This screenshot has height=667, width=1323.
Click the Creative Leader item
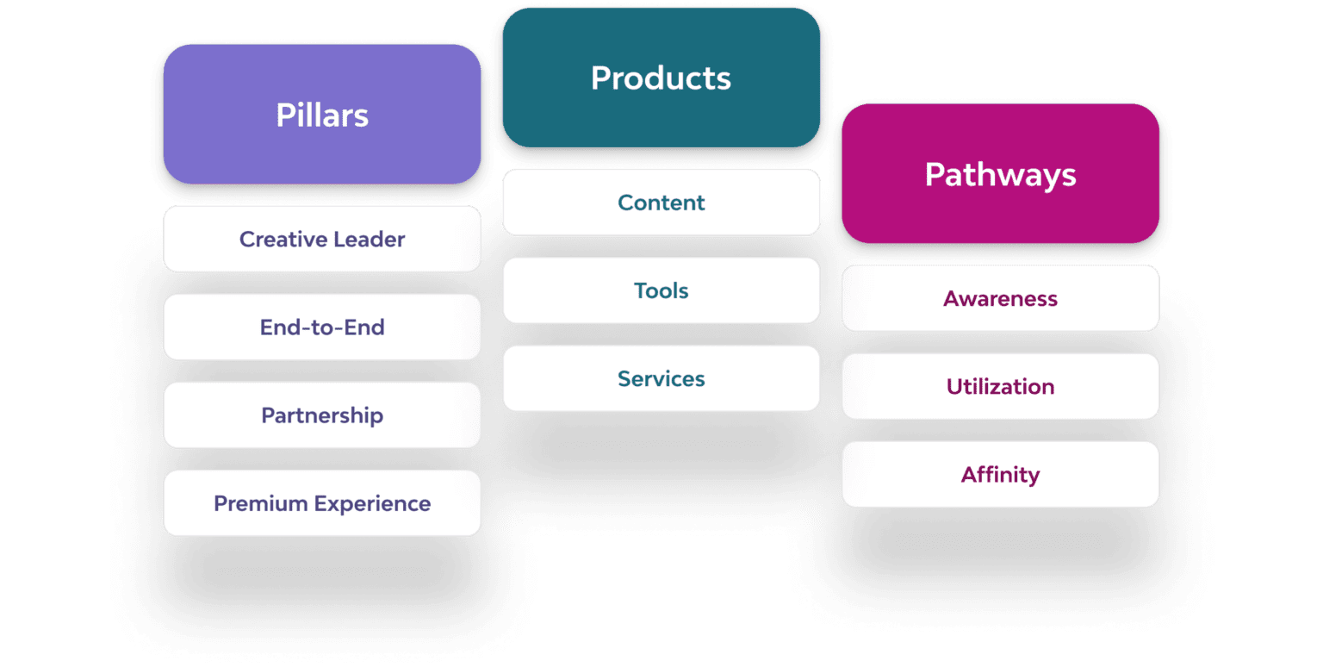click(x=322, y=239)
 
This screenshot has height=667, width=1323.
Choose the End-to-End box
click(x=322, y=327)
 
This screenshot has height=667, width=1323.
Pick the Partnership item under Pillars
click(x=322, y=415)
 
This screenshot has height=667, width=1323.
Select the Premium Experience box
click(x=322, y=502)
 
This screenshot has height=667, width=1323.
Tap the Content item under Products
click(x=661, y=203)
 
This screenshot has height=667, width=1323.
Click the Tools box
click(x=661, y=290)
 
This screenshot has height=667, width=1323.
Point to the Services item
click(x=661, y=378)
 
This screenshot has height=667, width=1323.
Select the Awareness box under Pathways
click(x=1000, y=298)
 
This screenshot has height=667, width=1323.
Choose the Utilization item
click(x=1000, y=386)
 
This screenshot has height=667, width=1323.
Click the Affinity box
click(x=1000, y=474)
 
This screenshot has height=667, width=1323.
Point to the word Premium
click(x=259, y=503)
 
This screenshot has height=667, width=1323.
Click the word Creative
click(x=280, y=239)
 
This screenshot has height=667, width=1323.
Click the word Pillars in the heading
click(x=322, y=115)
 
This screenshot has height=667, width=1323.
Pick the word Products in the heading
click(x=661, y=78)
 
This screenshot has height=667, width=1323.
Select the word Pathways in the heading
click(x=1000, y=175)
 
